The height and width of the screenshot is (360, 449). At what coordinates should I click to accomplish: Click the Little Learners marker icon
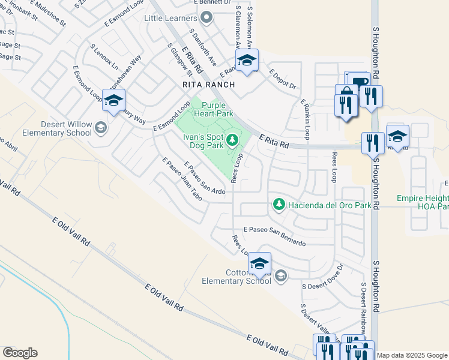click(x=207, y=18)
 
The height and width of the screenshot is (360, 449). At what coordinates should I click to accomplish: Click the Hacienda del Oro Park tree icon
click(x=279, y=205)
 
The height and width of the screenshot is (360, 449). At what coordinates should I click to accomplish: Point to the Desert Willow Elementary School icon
click(x=101, y=127)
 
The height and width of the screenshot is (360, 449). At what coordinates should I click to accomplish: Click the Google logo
click(x=20, y=353)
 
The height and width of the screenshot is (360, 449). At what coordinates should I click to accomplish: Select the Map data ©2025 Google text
click(x=412, y=355)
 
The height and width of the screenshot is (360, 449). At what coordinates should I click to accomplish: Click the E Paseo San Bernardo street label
click(x=274, y=236)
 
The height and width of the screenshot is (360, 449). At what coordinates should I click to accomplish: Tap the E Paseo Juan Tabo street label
click(x=181, y=178)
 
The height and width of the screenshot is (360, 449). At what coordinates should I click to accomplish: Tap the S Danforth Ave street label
click(x=202, y=48)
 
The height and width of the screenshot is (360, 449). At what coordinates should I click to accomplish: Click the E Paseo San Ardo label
click(x=204, y=178)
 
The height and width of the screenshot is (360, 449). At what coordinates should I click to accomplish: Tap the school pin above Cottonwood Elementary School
click(x=259, y=263)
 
